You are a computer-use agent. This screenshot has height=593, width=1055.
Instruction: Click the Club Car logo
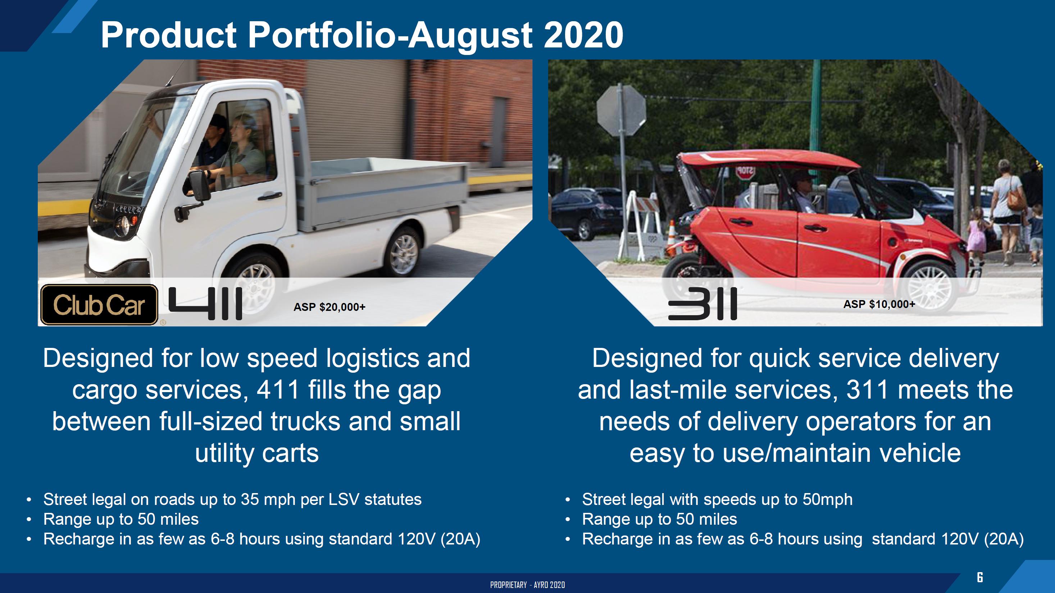coord(99,305)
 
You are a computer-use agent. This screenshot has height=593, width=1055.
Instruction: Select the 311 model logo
coord(702,303)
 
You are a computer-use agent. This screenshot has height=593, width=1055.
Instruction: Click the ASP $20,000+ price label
coord(329,307)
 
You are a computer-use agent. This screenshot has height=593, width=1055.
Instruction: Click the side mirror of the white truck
coord(197,185)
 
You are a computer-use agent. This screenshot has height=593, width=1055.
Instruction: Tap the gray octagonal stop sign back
coord(621,110)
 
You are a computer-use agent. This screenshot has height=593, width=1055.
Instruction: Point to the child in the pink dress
coord(977,237)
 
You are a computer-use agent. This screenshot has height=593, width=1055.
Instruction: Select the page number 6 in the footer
coord(980,578)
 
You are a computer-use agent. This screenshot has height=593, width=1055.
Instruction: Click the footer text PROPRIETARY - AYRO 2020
coord(527,585)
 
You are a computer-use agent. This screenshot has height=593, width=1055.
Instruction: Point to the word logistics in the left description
coord(373,359)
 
